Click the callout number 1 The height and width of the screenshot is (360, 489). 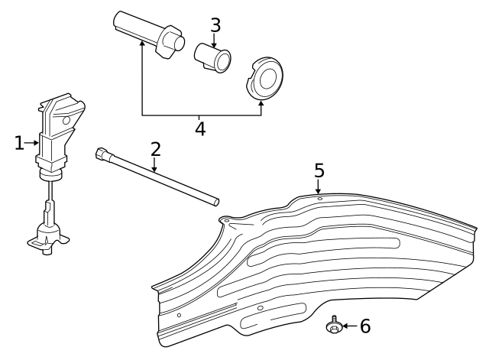coord(20,142)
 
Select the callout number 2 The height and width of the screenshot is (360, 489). coord(155,149)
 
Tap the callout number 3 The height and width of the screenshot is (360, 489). coord(215,25)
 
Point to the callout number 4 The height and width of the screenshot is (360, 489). coord(200,128)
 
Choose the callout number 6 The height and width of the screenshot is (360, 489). coord(365,326)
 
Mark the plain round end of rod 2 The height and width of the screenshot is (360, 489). coord(216,203)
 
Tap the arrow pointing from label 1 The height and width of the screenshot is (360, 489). coord(32,142)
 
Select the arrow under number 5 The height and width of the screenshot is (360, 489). coord(319,187)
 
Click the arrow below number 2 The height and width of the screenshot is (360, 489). coord(155,166)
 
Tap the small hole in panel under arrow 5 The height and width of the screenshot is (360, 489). coord(319,199)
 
